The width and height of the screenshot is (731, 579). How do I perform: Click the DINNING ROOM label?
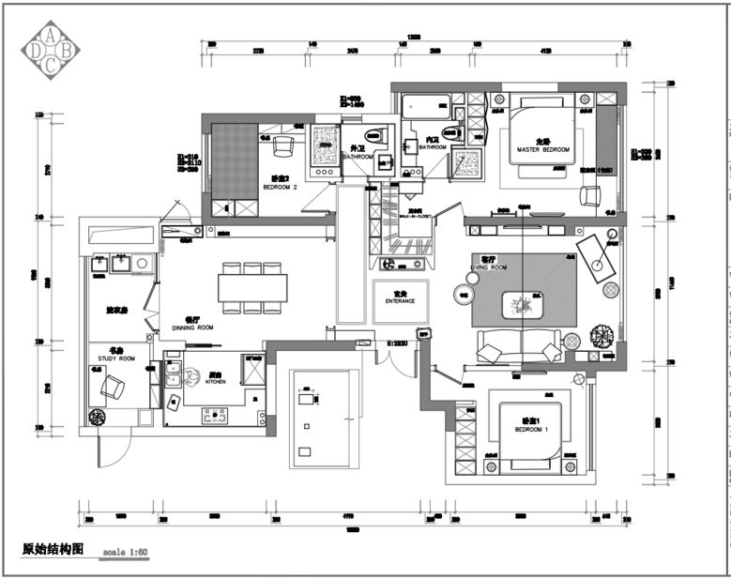click(x=193, y=328)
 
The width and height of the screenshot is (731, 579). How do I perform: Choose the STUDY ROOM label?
click(x=115, y=358)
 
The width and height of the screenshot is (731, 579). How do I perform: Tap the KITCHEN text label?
click(x=216, y=382)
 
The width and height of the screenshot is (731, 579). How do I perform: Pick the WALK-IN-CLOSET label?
click(x=417, y=217)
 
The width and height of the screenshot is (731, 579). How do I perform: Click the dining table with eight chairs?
click(x=251, y=287)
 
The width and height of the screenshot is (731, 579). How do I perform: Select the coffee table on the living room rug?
click(x=519, y=303)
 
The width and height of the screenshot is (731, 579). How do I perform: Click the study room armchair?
click(x=114, y=386)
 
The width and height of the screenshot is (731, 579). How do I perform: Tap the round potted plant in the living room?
click(x=601, y=334)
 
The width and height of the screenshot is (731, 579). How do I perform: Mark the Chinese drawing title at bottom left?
click(x=53, y=550)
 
